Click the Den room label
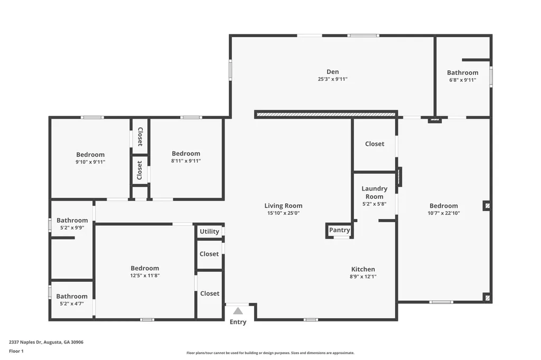click(x=332, y=72)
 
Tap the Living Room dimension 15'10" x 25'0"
click(x=284, y=213)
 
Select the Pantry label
click(x=339, y=230)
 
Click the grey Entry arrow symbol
click(x=238, y=311)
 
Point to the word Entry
click(x=238, y=322)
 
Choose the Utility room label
click(x=209, y=232)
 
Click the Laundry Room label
click(x=375, y=192)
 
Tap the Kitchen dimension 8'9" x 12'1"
click(x=363, y=276)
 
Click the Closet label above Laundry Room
click(x=375, y=144)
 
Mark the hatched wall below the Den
click(x=325, y=114)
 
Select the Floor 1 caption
click(x=16, y=351)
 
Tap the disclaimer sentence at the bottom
click(x=270, y=353)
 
